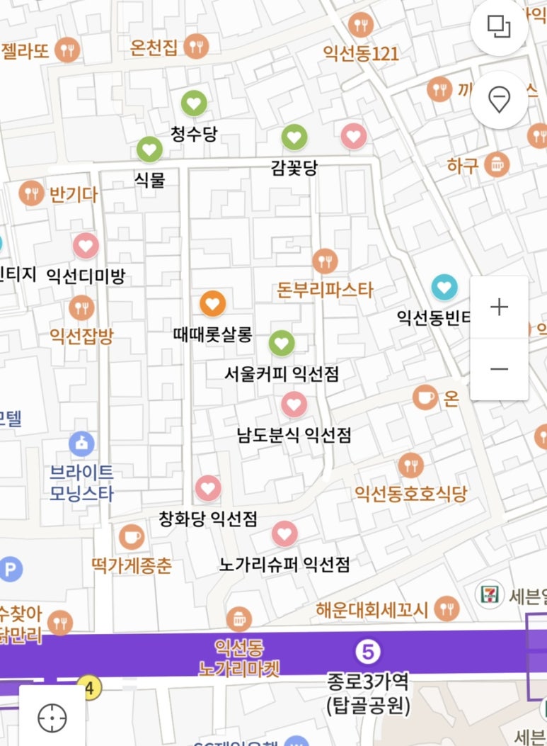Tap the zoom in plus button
(500, 307)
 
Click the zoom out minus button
(500, 368)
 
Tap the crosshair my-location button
(52, 719)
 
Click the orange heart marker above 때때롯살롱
(212, 303)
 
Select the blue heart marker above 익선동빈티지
(444, 287)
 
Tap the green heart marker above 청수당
(195, 104)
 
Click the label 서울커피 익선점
(282, 373)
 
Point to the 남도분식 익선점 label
(294, 434)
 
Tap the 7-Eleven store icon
(489, 594)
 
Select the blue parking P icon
(10, 569)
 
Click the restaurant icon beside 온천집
(196, 47)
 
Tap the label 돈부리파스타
(325, 290)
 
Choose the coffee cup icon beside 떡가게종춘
(131, 537)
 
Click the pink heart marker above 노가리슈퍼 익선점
(284, 533)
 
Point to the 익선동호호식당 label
(410, 494)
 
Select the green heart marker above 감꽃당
(294, 137)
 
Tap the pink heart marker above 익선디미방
(86, 246)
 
